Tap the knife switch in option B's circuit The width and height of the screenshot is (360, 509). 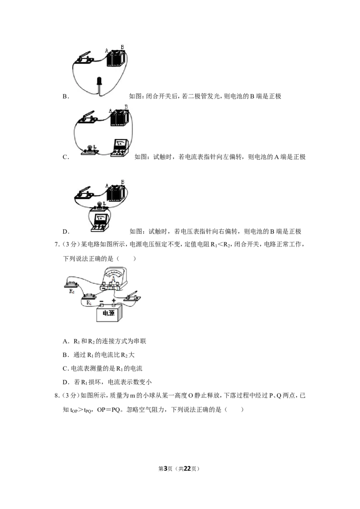(x=85, y=58)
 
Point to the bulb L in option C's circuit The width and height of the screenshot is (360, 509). (x=88, y=150)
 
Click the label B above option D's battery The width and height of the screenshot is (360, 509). (x=122, y=182)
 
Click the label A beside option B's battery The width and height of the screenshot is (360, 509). (x=107, y=51)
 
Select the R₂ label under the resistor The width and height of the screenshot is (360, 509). (x=72, y=291)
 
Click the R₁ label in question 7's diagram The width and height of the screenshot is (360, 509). (x=89, y=303)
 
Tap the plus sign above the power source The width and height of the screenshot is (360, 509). (x=114, y=301)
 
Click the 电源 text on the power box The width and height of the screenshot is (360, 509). (x=108, y=313)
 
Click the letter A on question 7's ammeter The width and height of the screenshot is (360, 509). (x=113, y=279)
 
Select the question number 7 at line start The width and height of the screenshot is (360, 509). (x=56, y=245)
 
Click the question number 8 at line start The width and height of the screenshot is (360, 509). (x=56, y=396)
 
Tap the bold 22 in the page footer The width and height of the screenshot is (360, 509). (x=187, y=469)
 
